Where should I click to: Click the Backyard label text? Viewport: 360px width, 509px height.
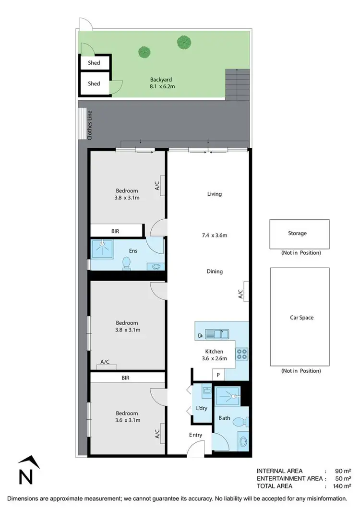point(161,80)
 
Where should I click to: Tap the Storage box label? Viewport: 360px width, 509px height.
point(297,234)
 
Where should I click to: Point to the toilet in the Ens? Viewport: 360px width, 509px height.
point(127,263)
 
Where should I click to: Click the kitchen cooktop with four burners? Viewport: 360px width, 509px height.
point(241,354)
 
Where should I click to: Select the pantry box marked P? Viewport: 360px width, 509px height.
point(218,375)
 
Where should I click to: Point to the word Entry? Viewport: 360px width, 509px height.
point(195,435)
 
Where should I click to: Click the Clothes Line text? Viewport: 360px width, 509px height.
point(89,125)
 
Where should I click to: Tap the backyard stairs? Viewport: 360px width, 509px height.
point(238,84)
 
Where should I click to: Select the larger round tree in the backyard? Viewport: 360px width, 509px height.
point(183,42)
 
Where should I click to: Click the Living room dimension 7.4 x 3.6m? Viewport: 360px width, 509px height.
point(214,235)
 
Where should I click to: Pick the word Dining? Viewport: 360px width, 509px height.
point(215,272)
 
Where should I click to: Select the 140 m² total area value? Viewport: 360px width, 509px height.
point(339,486)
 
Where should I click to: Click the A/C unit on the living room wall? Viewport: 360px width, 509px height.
point(244,291)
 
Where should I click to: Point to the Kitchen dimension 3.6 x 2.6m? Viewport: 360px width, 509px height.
point(214,357)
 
